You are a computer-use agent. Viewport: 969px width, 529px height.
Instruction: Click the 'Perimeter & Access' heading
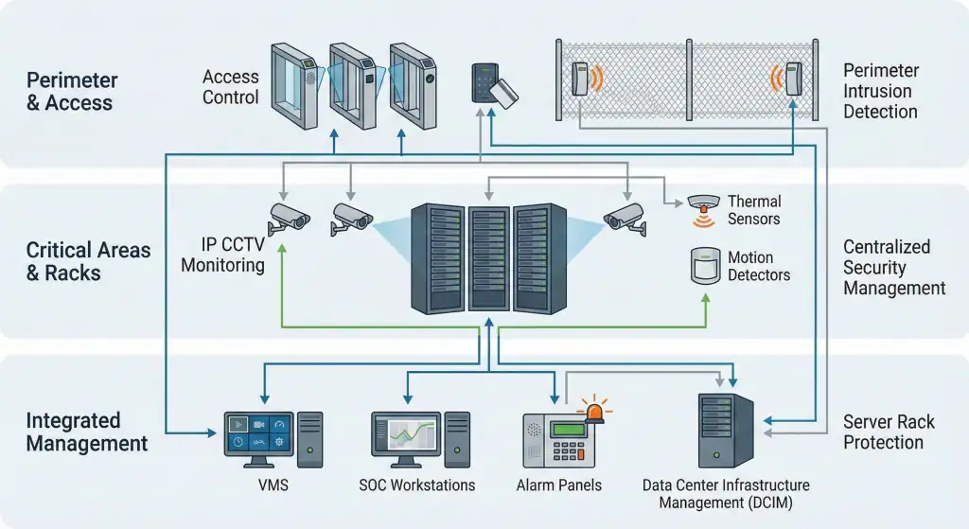(x=71, y=92)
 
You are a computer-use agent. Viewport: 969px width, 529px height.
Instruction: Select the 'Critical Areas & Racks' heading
(x=88, y=261)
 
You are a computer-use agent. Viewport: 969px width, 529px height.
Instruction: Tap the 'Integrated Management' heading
(x=86, y=432)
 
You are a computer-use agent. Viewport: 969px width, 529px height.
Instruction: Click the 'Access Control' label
(x=230, y=86)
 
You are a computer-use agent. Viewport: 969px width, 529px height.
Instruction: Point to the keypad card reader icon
(x=484, y=83)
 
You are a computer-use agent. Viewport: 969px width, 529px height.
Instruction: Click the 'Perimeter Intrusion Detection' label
(x=880, y=91)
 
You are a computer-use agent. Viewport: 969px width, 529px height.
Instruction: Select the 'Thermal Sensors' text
(x=753, y=210)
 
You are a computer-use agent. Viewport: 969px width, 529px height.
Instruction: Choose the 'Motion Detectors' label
(x=758, y=266)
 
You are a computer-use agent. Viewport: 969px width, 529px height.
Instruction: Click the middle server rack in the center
(x=488, y=257)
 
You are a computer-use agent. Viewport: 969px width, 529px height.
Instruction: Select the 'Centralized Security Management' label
(x=893, y=267)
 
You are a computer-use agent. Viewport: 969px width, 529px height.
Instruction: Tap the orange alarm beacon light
(x=595, y=412)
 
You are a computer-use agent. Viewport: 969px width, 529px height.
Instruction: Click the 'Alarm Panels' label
(x=558, y=485)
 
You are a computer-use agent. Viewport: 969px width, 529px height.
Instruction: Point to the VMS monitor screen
(x=257, y=432)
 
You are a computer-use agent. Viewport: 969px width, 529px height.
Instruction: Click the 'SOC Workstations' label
(x=416, y=485)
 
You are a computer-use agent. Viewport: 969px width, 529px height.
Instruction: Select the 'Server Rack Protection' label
(x=889, y=432)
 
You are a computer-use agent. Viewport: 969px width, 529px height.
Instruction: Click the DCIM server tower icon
(x=725, y=430)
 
